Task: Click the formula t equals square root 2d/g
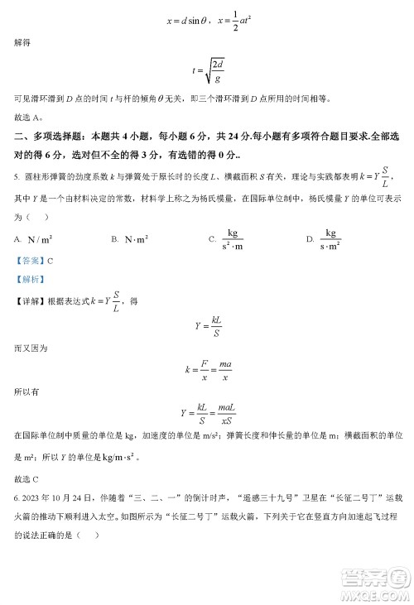(206, 72)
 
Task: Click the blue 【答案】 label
(28, 260)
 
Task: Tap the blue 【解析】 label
(28, 280)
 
